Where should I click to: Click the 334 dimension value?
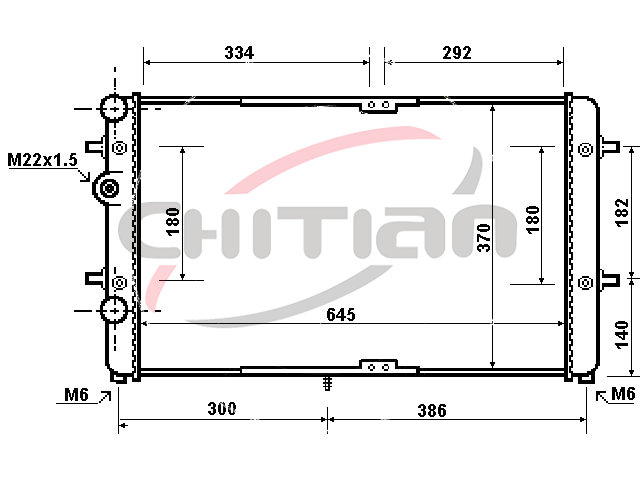[x=239, y=53]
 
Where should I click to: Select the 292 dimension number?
[x=457, y=53]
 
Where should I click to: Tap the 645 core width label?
[x=341, y=315]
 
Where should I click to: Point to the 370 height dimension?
[x=484, y=238]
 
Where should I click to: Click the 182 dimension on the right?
[x=622, y=213]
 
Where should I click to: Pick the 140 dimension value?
[x=622, y=335]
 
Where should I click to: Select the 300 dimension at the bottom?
[x=222, y=409]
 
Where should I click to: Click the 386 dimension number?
[x=432, y=411]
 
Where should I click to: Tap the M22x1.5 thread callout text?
[x=42, y=160]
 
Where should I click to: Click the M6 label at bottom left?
[x=76, y=395]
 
